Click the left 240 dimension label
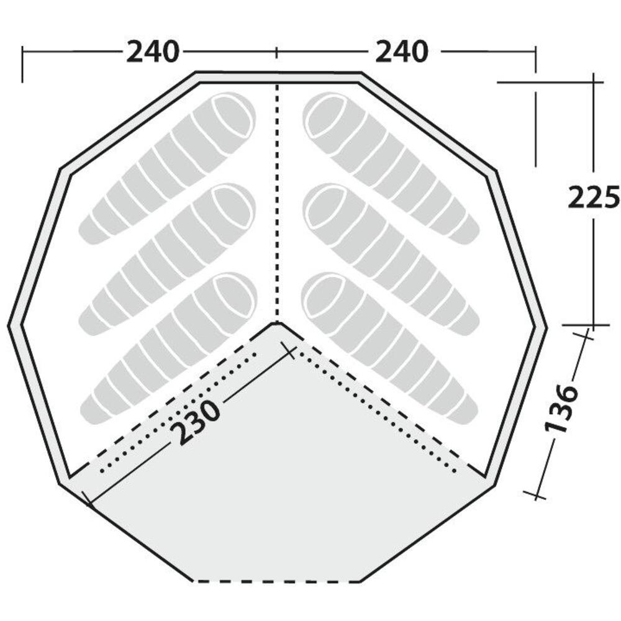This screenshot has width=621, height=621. [153, 52]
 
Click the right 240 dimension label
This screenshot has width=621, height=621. [402, 52]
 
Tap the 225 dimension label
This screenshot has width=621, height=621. [594, 196]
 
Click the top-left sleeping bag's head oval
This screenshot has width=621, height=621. [233, 115]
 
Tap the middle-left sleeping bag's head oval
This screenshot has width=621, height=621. [232, 207]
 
